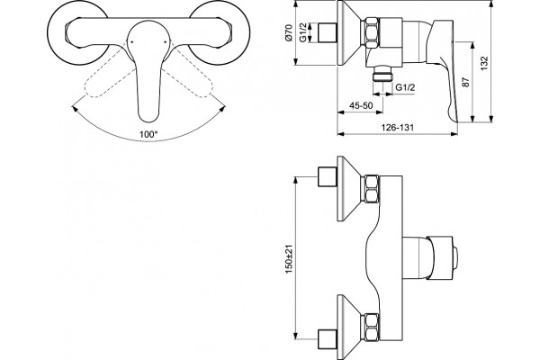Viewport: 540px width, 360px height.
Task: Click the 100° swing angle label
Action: coord(148,134)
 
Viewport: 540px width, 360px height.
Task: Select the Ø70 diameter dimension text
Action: coord(289,33)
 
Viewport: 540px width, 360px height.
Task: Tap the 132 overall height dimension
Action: coord(484,63)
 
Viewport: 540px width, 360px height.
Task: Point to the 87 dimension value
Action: coord(465,82)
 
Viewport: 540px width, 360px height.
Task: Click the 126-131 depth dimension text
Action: coord(397,127)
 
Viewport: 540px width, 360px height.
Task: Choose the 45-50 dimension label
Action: coord(361,105)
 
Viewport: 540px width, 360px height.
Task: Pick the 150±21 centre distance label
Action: coord(289,259)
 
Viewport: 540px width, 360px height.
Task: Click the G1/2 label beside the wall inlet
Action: coord(303,32)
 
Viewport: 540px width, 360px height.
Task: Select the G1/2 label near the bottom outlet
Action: coord(405,87)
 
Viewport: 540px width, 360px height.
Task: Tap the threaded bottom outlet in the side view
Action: coord(382,74)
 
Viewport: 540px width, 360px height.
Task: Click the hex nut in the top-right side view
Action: coord(371,32)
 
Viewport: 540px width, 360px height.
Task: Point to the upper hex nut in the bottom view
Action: coord(370,188)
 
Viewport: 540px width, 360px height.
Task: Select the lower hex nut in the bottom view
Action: coord(370,328)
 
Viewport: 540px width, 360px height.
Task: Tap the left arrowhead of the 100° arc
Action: coord(75,109)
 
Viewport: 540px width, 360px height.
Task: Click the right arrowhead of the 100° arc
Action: coord(223,109)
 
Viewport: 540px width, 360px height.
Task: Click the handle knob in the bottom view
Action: coord(441,257)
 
